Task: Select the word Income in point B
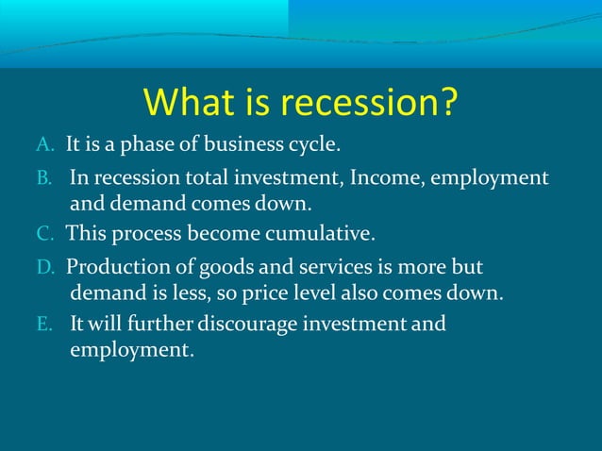(x=382, y=177)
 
